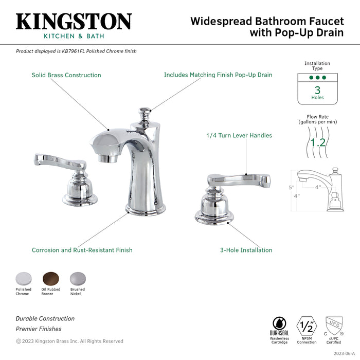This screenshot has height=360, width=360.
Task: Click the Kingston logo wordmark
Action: coord(74,22)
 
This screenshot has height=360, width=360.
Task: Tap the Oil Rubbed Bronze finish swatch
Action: coord(51,278)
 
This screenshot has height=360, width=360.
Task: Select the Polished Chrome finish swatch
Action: coord(24,278)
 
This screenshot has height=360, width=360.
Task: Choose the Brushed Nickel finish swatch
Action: coord(77,278)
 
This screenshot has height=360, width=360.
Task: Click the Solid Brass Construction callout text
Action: coord(66,75)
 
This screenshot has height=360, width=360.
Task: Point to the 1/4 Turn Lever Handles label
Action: coord(239,136)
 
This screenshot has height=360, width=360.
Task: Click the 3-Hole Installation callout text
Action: coord(246,250)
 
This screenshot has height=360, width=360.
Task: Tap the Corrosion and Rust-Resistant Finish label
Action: coord(82,250)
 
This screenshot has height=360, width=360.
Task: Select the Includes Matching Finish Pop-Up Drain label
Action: coord(218,75)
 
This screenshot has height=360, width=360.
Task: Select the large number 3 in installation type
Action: coord(317,89)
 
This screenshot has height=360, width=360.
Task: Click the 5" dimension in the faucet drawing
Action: coord(291,187)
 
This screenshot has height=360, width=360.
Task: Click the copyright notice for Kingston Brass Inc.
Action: coord(69,341)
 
